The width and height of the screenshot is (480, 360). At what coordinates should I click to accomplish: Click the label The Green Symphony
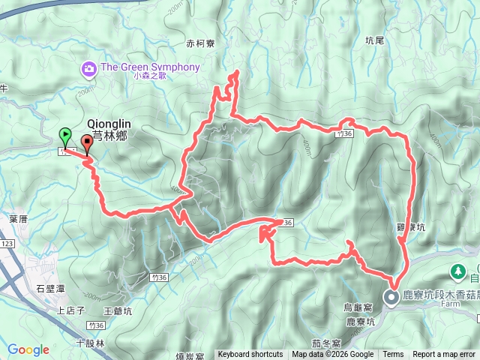click(150, 67)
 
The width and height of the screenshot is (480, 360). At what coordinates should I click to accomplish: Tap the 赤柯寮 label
click(201, 43)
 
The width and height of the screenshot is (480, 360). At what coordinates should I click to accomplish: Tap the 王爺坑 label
click(118, 310)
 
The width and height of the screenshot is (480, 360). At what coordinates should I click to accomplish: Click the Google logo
click(28, 349)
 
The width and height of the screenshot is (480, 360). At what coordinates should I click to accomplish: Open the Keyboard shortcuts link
click(250, 355)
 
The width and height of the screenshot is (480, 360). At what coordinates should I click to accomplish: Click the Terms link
click(393, 355)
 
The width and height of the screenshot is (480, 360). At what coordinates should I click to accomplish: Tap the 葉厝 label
click(19, 218)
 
